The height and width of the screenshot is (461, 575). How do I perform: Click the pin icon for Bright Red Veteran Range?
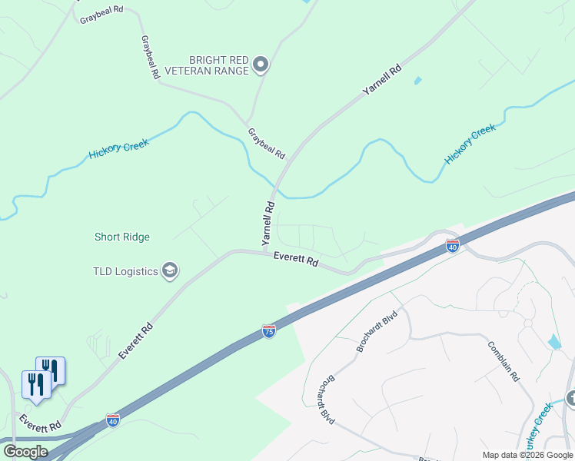pos(261,65)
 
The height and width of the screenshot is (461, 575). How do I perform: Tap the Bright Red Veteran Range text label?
pos(219,65)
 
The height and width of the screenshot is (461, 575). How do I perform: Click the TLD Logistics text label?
pos(125,271)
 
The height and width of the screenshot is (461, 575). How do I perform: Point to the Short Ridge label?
pos(121,237)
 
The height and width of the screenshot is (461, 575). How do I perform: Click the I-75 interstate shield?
pos(268,330)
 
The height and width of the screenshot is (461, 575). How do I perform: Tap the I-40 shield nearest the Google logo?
pos(113,420)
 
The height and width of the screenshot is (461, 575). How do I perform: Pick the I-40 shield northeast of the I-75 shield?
pos(453,246)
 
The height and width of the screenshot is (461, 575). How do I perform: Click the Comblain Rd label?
pos(504,360)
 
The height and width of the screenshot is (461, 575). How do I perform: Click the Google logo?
pos(25,451)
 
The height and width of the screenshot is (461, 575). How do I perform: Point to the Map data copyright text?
pos(528,455)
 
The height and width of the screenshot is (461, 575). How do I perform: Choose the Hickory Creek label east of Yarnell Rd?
pos(470,144)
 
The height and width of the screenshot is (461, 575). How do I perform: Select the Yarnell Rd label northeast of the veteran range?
pos(382,81)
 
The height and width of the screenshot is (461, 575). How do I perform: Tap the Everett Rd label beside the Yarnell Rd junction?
pos(296,260)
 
